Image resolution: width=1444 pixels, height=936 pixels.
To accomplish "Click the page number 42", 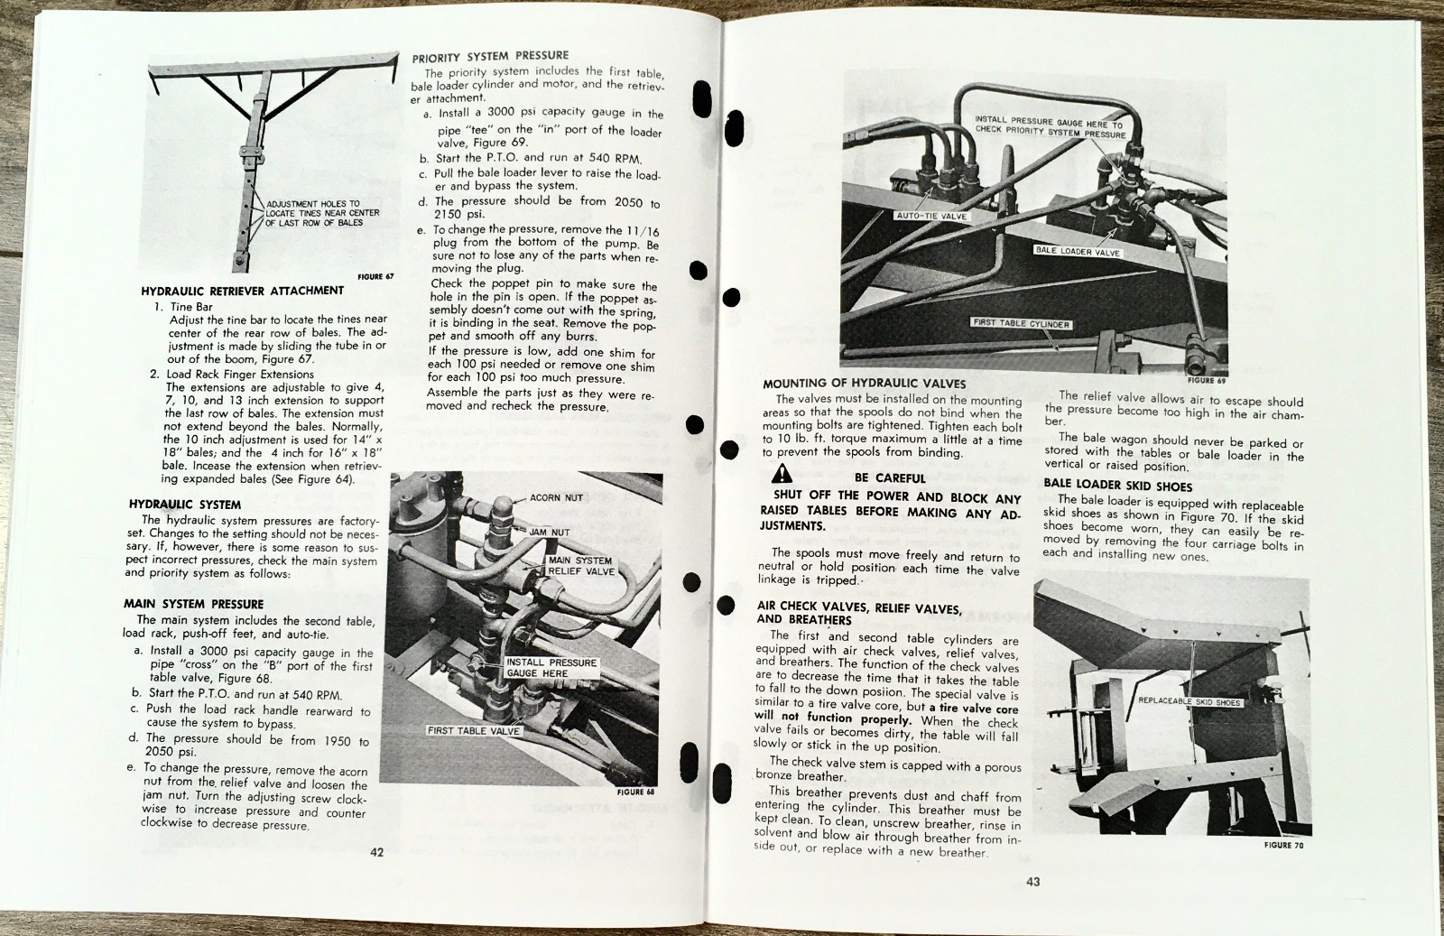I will [376, 851].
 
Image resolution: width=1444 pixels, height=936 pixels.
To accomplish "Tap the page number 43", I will [1032, 881].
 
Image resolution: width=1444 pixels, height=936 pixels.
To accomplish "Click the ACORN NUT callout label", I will [556, 497].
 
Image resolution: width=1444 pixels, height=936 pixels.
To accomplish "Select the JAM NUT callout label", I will [549, 533].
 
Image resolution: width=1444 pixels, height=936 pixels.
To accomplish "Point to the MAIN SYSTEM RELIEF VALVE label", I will [580, 566].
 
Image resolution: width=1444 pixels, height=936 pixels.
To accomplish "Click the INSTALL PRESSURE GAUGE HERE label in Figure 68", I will [551, 668].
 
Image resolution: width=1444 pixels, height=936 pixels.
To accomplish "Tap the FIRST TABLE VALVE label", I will [474, 730].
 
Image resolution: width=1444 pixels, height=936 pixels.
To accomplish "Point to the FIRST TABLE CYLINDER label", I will [1021, 323].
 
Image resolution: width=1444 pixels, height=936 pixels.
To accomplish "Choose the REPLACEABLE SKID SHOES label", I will [1189, 701].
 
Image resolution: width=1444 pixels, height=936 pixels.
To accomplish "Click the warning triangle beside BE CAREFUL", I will [782, 475].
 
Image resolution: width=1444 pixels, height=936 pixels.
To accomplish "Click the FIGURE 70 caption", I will [1283, 845].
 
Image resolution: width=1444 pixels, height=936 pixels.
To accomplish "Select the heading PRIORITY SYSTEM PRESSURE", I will [490, 56].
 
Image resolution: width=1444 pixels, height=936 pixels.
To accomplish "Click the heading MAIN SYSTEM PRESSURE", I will [193, 604].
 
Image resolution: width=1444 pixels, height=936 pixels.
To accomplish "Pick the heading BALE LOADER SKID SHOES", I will [1117, 486].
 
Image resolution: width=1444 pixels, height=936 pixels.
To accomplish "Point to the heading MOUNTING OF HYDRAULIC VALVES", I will [864, 383].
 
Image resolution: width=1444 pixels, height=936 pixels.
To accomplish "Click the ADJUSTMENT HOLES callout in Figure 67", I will [322, 213].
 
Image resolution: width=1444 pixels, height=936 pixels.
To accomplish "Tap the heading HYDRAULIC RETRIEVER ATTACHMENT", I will [242, 291].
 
